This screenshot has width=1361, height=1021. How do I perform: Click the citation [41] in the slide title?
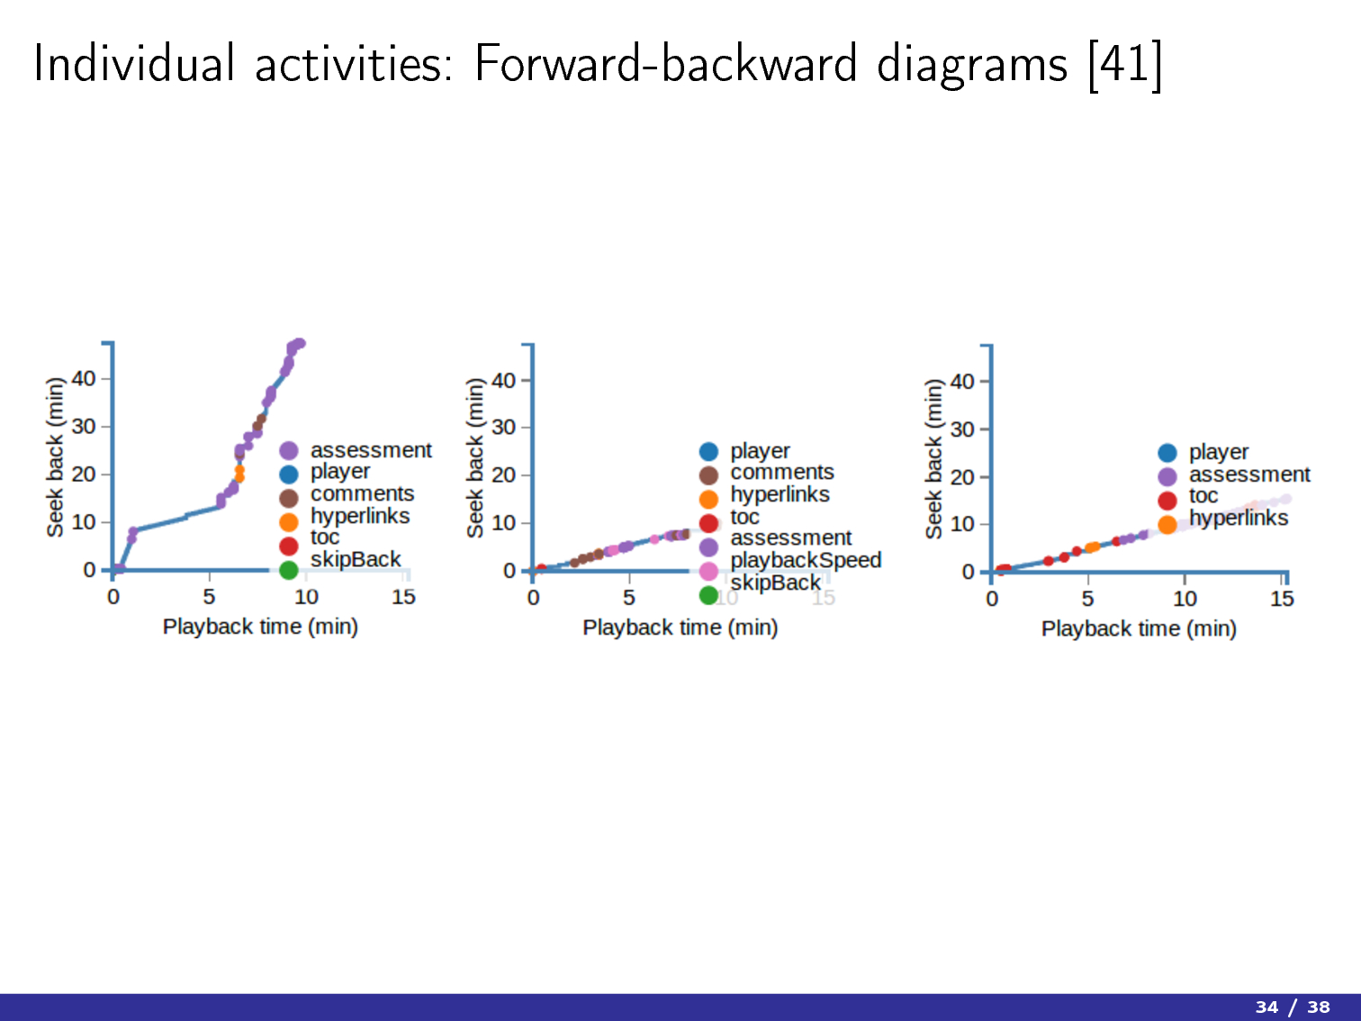pyautogui.click(x=1125, y=65)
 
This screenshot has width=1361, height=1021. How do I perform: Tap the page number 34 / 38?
pyautogui.click(x=1293, y=1006)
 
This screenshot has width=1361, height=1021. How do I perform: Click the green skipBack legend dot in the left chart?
pyautogui.click(x=289, y=570)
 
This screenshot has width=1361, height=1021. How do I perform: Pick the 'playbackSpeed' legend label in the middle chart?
pyautogui.click(x=806, y=560)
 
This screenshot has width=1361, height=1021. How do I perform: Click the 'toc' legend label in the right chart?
pyautogui.click(x=1203, y=495)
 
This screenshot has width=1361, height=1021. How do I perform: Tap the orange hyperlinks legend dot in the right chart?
pyautogui.click(x=1167, y=524)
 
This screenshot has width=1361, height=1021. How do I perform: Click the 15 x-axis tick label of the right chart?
pyautogui.click(x=1283, y=598)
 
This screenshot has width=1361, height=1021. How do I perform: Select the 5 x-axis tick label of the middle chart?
pyautogui.click(x=629, y=598)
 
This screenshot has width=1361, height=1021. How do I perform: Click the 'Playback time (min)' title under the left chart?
pyautogui.click(x=260, y=627)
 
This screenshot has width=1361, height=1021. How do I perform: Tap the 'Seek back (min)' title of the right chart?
pyautogui.click(x=933, y=459)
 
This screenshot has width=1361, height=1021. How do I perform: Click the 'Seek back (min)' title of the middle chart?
pyautogui.click(x=475, y=458)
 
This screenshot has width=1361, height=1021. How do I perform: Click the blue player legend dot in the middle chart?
pyautogui.click(x=708, y=451)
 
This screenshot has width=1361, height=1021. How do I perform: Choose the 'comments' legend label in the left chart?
pyautogui.click(x=362, y=493)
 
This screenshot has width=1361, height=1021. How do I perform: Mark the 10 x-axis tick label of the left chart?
pyautogui.click(x=306, y=597)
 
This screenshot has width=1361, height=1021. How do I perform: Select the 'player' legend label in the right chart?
pyautogui.click(x=1219, y=453)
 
